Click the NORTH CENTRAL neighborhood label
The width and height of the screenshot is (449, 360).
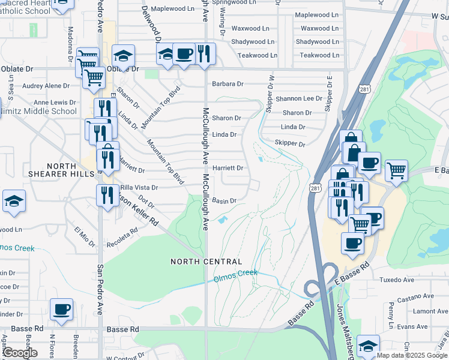pyautogui.click(x=206, y=262)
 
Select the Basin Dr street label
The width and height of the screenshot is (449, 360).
pyautogui.click(x=224, y=200)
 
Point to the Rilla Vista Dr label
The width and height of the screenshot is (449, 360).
pyautogui.click(x=139, y=187)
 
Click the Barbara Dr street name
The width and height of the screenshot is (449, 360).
pyautogui.click(x=228, y=84)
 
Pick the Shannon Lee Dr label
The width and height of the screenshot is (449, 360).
pyautogui.click(x=299, y=98)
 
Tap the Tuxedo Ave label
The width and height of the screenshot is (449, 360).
pyautogui.click(x=397, y=280)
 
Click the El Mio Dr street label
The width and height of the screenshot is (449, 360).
pyautogui.click(x=84, y=236)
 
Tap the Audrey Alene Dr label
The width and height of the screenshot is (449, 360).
pyautogui.click(x=46, y=86)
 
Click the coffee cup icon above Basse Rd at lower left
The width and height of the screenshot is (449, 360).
pyautogui.click(x=61, y=310)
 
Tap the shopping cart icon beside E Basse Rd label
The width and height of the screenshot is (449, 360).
pyautogui.click(x=396, y=171)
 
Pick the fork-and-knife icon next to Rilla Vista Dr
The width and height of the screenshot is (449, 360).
pyautogui.click(x=107, y=196)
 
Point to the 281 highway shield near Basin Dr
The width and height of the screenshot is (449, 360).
pyautogui.click(x=315, y=188)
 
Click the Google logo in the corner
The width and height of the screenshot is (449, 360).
pyautogui.click(x=20, y=352)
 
